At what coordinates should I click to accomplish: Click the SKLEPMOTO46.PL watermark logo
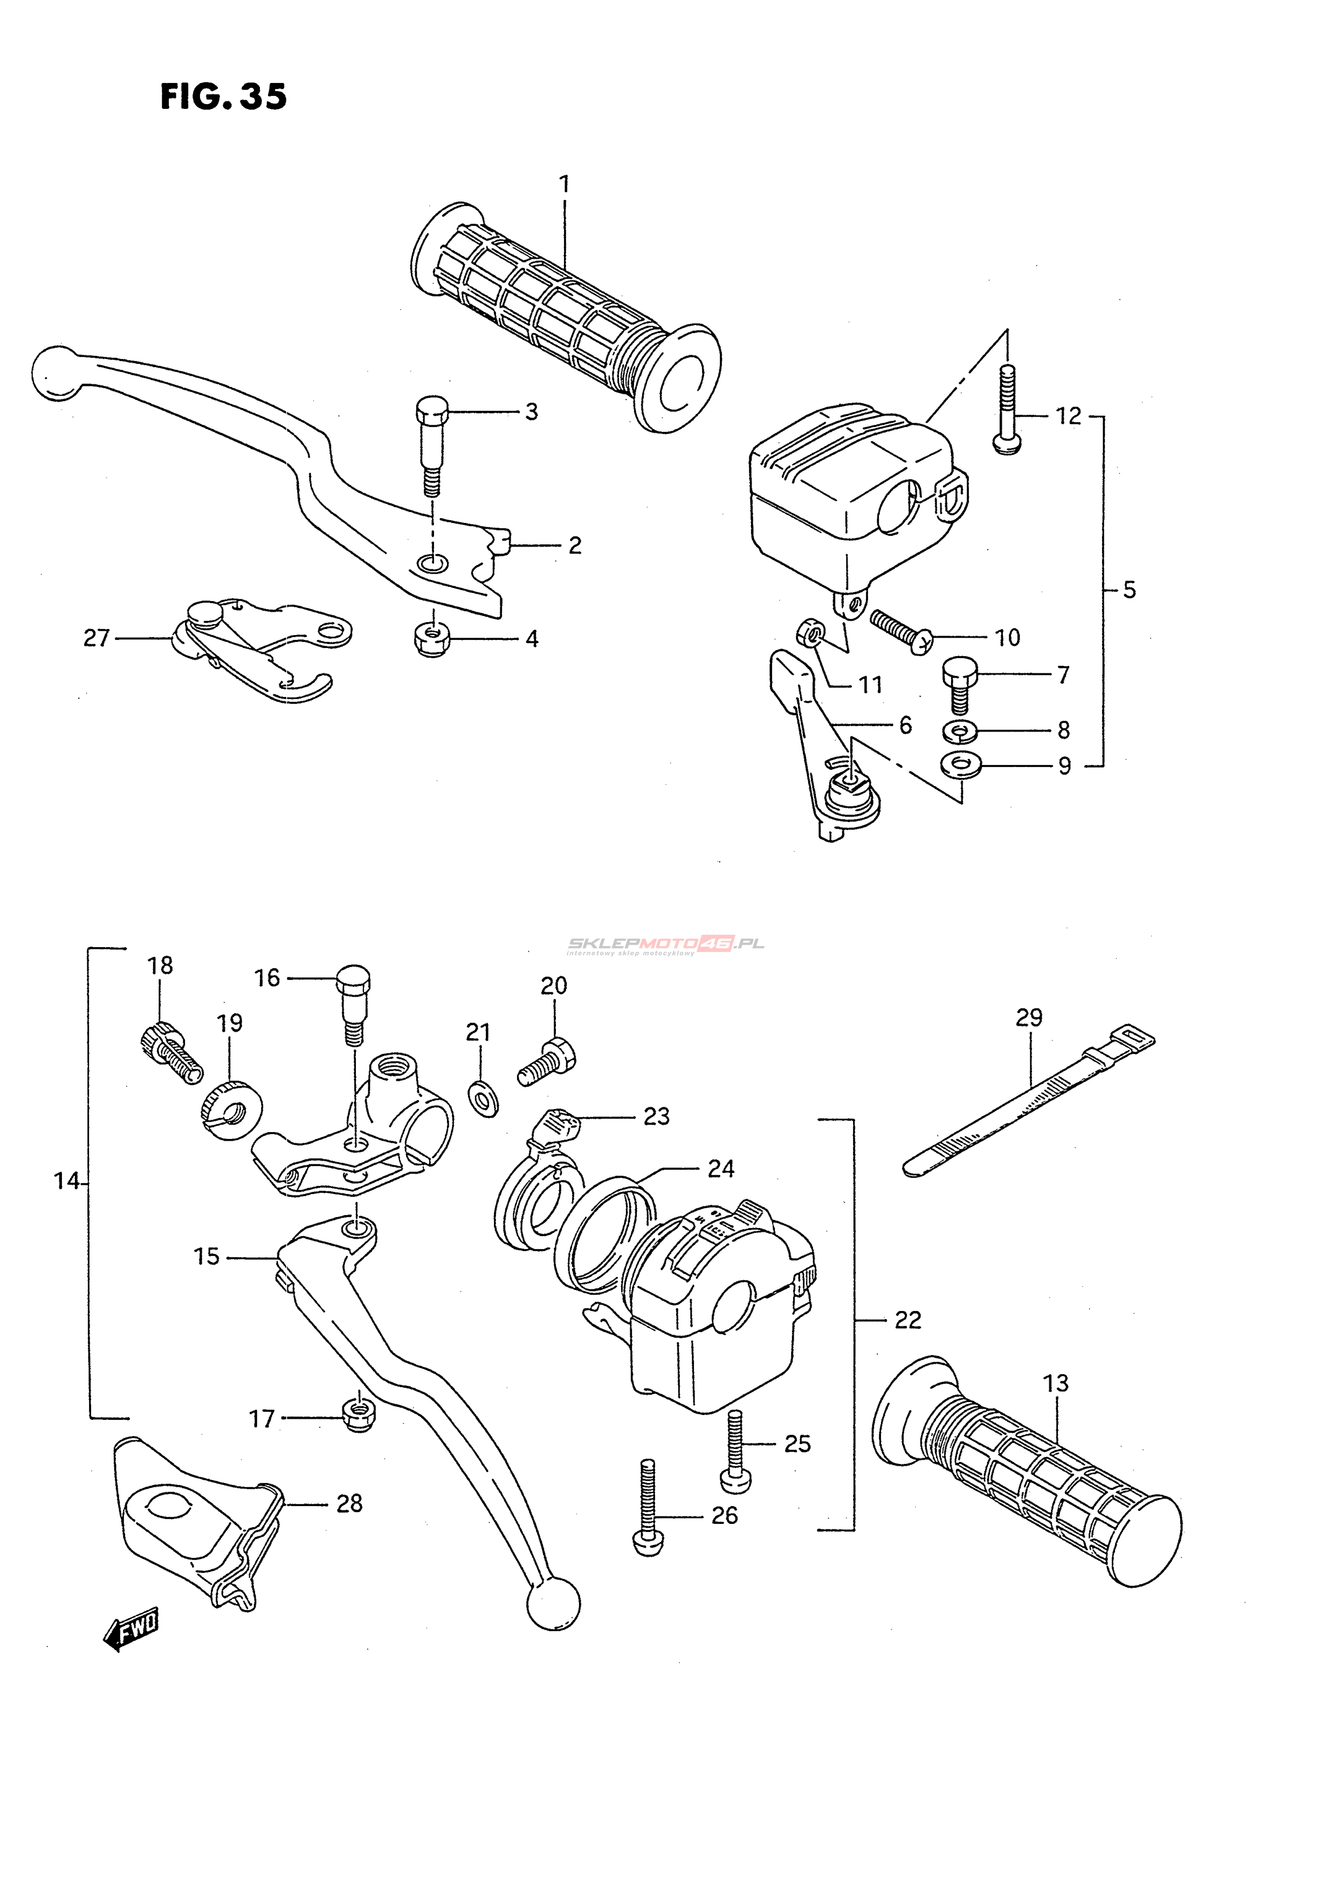pos(664,944)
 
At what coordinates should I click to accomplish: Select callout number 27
pos(97,638)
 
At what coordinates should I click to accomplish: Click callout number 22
pos(907,1320)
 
